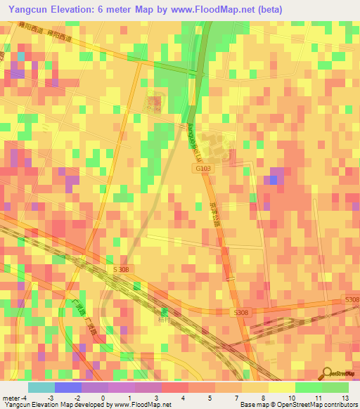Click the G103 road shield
202,168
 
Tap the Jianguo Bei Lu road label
190,136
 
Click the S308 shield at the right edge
352,299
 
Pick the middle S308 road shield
242,312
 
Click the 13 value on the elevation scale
345,397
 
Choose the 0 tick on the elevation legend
104,397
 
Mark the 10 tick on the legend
292,397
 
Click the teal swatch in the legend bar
41,387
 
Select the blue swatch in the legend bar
67,387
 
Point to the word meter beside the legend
11,397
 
